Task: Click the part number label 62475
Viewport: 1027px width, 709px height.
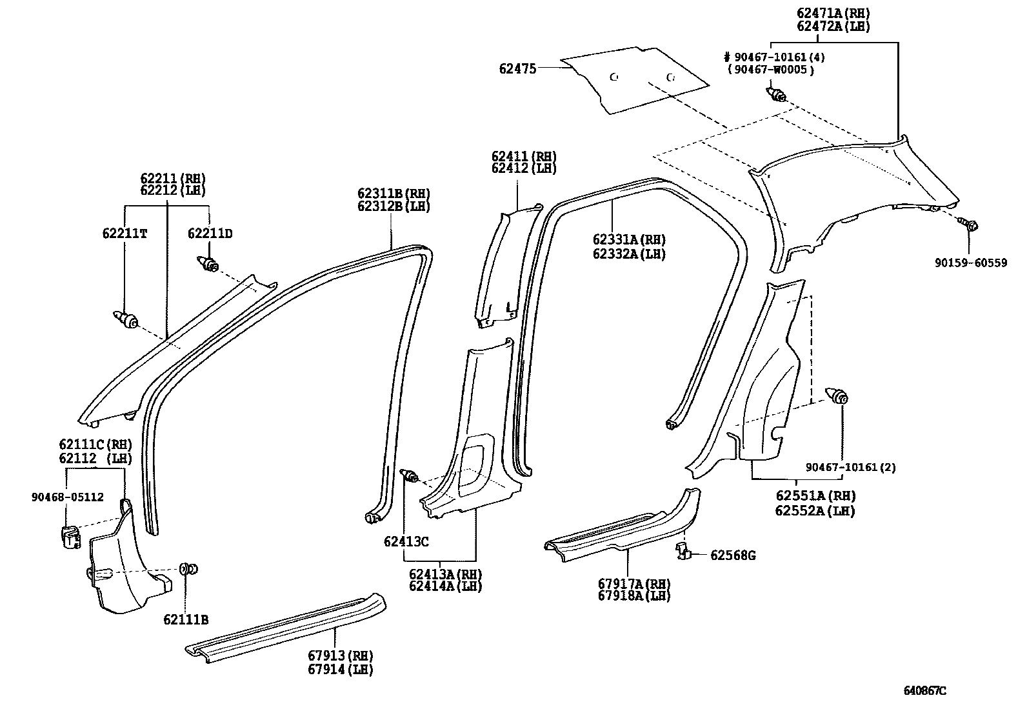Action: [517, 68]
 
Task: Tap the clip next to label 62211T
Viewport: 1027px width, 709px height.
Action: [126, 319]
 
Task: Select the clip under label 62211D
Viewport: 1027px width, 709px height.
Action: [207, 264]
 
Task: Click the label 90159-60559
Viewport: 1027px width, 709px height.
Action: [971, 263]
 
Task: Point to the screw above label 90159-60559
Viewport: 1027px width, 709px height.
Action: [969, 225]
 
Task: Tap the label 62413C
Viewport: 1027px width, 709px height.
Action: [406, 542]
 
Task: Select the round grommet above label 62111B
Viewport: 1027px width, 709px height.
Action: [188, 569]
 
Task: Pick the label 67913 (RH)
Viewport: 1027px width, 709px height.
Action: [341, 656]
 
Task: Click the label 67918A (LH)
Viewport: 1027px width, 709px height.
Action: [634, 596]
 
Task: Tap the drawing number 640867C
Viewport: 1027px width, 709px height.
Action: [925, 690]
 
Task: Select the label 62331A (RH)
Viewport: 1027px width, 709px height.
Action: [629, 239]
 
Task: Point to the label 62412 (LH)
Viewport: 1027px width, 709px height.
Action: [523, 169]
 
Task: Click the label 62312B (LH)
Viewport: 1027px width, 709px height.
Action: [394, 207]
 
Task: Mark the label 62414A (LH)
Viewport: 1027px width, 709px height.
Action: [445, 586]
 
